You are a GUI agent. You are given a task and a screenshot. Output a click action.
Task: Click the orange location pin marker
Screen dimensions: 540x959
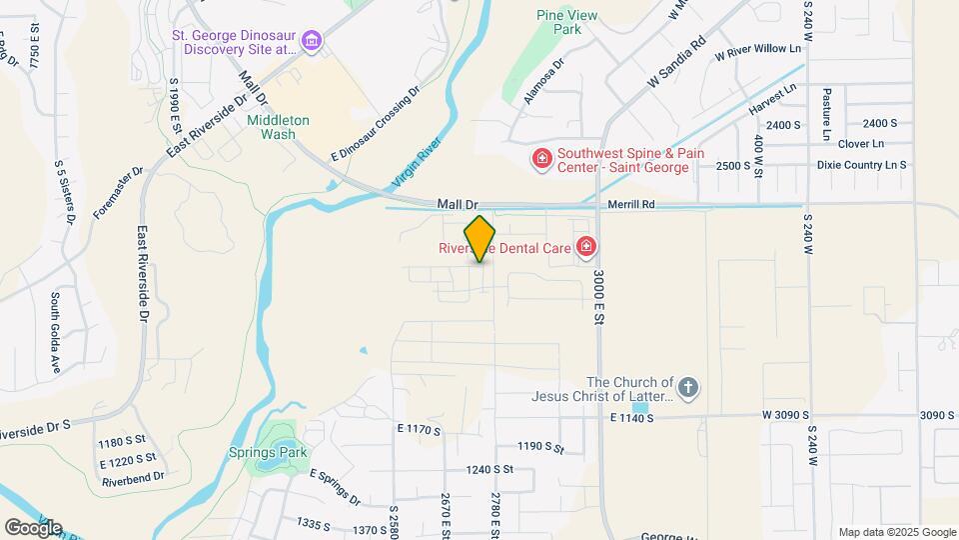point(480,238)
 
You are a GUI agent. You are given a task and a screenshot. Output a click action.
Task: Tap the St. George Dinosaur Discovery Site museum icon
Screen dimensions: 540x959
point(313,41)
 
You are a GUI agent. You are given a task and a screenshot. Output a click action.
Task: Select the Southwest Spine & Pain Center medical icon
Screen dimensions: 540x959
point(541,159)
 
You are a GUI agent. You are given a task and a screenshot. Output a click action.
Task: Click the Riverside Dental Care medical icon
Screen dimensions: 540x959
point(585,246)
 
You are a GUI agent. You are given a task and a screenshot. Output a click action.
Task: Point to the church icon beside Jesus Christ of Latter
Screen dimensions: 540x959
point(687,388)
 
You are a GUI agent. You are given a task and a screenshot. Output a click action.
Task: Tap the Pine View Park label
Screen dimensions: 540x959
point(558,22)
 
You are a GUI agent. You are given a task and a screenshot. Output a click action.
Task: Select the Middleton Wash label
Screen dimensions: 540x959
point(279,127)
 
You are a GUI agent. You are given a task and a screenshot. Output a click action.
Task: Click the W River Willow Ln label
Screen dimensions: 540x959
point(757,49)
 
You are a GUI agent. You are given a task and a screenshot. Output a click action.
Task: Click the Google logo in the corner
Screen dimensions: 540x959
point(33,527)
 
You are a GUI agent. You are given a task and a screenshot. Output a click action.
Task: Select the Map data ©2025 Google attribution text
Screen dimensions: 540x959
point(896,532)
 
